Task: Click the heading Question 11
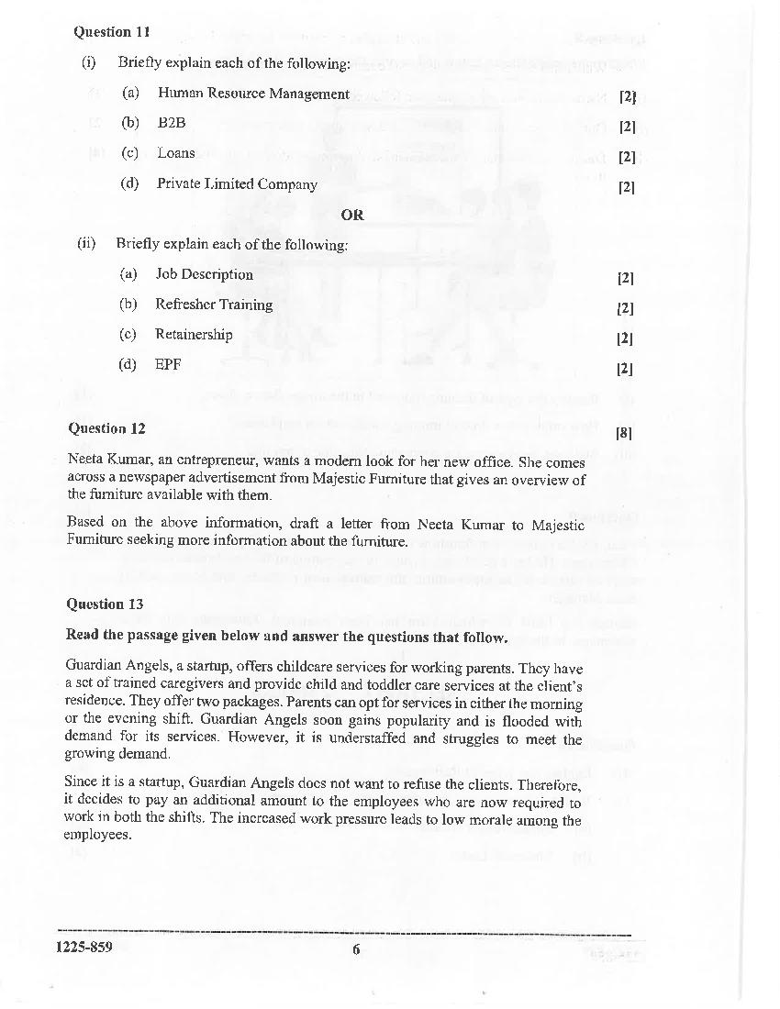tap(110, 32)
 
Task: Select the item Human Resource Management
tap(253, 94)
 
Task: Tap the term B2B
tap(172, 123)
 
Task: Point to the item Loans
tap(175, 153)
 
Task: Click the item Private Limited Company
tap(237, 183)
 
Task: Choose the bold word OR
tap(352, 215)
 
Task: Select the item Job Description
tap(204, 274)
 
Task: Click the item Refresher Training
tap(214, 305)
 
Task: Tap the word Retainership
tap(194, 335)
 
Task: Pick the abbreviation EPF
tap(168, 364)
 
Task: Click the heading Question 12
tap(106, 428)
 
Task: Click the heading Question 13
tap(106, 604)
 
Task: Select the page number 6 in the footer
tap(356, 949)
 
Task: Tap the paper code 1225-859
tap(84, 948)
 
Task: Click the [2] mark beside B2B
tap(627, 127)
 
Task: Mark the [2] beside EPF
tap(625, 370)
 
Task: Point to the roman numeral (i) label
tap(89, 63)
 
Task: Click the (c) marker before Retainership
tap(128, 335)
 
